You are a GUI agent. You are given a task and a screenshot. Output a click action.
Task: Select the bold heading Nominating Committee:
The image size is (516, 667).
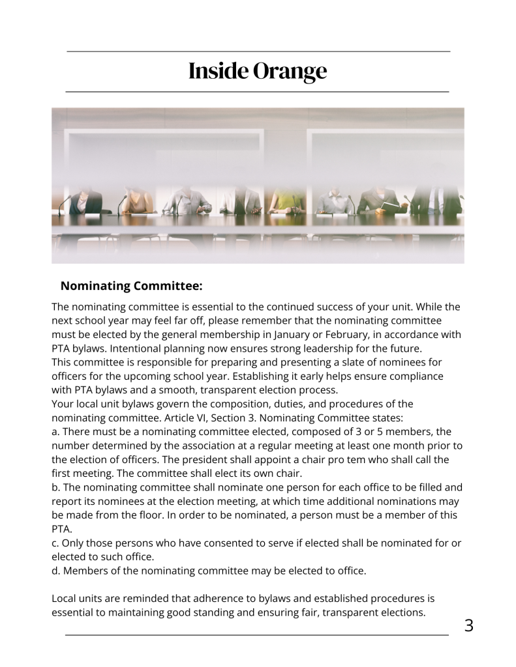click(131, 285)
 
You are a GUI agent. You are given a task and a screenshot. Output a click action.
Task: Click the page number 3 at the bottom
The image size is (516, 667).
click(468, 627)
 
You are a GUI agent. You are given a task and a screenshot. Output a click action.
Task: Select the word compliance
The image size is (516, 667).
click(417, 376)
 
